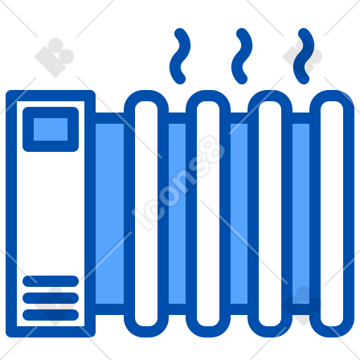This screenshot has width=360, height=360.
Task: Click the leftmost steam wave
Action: (179, 56)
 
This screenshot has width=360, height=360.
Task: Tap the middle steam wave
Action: (241, 56)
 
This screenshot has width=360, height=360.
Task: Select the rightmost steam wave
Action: (303, 56)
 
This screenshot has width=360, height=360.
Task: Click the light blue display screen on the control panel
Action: (51, 129)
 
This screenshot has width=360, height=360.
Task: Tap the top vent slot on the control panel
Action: (51, 281)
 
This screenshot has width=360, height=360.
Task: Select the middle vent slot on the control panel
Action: (51, 298)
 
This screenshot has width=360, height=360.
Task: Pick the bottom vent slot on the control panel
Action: (51, 315)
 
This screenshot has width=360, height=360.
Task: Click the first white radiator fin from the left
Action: (146, 214)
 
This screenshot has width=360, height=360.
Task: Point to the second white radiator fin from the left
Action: (208, 214)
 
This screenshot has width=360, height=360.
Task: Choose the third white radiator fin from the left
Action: (270, 214)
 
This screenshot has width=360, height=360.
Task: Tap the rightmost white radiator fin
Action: (332, 214)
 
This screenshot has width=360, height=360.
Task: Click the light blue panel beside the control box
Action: (110, 214)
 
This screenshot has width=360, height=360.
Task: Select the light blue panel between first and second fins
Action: (177, 214)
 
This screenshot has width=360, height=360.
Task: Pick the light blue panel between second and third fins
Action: (239, 214)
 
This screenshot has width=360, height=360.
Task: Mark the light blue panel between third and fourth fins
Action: (301, 214)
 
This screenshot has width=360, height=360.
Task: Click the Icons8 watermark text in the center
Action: (179, 183)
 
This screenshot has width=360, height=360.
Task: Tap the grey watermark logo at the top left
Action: (54, 58)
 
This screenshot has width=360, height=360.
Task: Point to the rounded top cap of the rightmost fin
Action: (332, 96)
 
